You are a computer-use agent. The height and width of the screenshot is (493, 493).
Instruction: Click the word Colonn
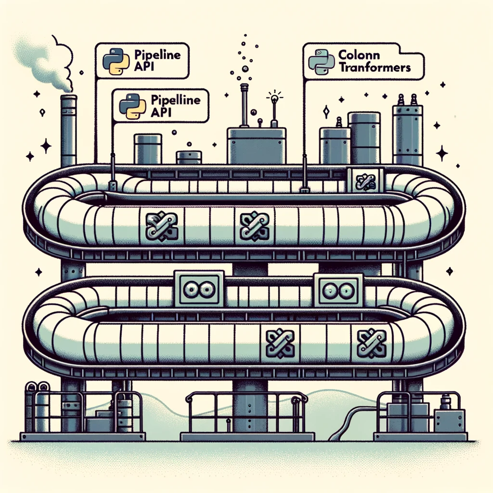click(x=359, y=55)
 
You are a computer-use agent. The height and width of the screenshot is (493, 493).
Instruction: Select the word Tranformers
click(x=375, y=67)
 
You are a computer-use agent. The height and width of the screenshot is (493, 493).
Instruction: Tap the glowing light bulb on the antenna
click(x=275, y=98)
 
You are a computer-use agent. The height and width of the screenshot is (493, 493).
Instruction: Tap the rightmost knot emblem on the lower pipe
click(x=371, y=342)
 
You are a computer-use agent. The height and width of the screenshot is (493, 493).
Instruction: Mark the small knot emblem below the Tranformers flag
click(x=365, y=181)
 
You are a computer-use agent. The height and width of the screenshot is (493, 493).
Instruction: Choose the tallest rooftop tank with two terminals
click(x=407, y=132)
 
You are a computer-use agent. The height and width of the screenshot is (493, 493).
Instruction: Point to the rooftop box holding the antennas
click(x=257, y=145)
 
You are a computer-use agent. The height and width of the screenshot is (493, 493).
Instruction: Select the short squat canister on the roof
click(x=189, y=157)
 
